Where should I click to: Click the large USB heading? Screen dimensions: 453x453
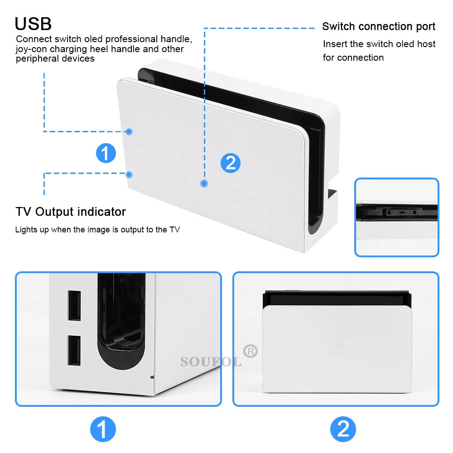[33, 23]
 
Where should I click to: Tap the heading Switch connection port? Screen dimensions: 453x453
[379, 27]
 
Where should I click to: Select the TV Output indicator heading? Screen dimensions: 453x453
[71, 212]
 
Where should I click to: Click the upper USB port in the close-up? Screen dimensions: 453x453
[74, 306]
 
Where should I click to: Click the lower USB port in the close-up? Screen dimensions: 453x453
[74, 350]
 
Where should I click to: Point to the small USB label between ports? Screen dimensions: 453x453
[73, 328]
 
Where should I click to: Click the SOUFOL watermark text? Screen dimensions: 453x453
[211, 361]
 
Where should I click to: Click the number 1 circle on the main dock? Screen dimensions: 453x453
[106, 153]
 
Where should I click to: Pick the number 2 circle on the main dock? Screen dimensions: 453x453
[231, 163]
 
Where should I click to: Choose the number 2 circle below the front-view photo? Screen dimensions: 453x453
[343, 429]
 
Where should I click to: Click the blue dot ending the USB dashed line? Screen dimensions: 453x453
[129, 132]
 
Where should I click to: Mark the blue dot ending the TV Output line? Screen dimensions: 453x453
[129, 174]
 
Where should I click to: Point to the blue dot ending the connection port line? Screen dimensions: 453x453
[204, 183]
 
